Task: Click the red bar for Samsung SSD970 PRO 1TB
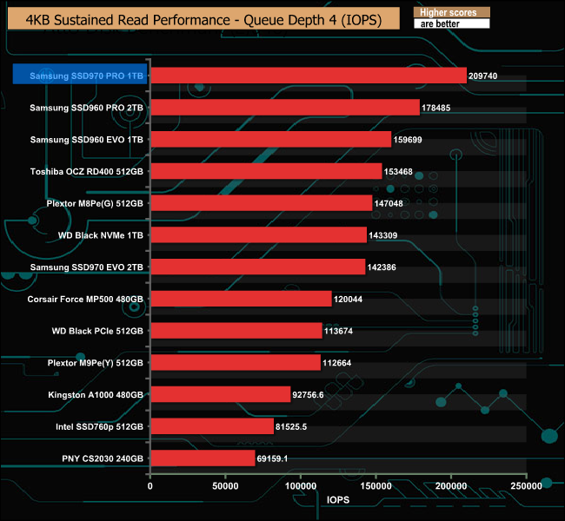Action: [x=309, y=76]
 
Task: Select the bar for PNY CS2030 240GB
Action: [x=203, y=458]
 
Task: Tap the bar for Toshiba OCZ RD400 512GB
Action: [x=266, y=171]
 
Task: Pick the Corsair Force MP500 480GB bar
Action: [x=241, y=299]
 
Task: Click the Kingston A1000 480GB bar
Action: [x=220, y=394]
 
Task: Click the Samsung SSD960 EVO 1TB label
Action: [x=86, y=140]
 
